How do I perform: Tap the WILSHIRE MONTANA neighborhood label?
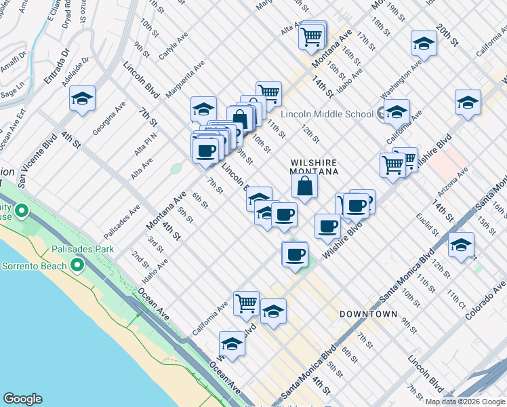tap(315, 168)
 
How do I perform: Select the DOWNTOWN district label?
tap(368, 314)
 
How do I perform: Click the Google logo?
tap(22, 399)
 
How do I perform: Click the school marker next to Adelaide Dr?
tap(82, 98)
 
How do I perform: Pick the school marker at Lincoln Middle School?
tap(397, 111)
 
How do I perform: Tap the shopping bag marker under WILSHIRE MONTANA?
tap(305, 186)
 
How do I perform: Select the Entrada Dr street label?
tap(56, 66)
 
